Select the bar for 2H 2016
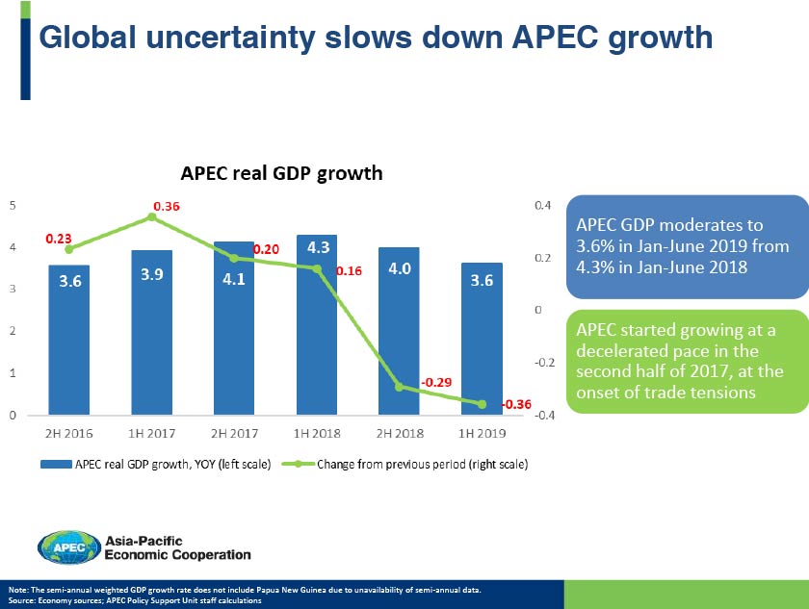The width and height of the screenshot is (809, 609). [x=68, y=356]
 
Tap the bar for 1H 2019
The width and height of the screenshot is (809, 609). [x=482, y=356]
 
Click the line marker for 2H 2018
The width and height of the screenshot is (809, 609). [x=399, y=387]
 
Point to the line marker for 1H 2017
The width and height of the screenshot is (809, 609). [x=151, y=217]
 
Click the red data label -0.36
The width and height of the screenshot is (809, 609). [x=518, y=404]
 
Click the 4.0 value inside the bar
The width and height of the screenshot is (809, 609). [x=400, y=269]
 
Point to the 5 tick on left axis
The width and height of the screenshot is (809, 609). [x=12, y=205]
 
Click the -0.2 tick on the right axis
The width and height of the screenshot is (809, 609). [x=545, y=363]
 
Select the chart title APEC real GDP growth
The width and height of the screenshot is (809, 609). [x=282, y=174]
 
